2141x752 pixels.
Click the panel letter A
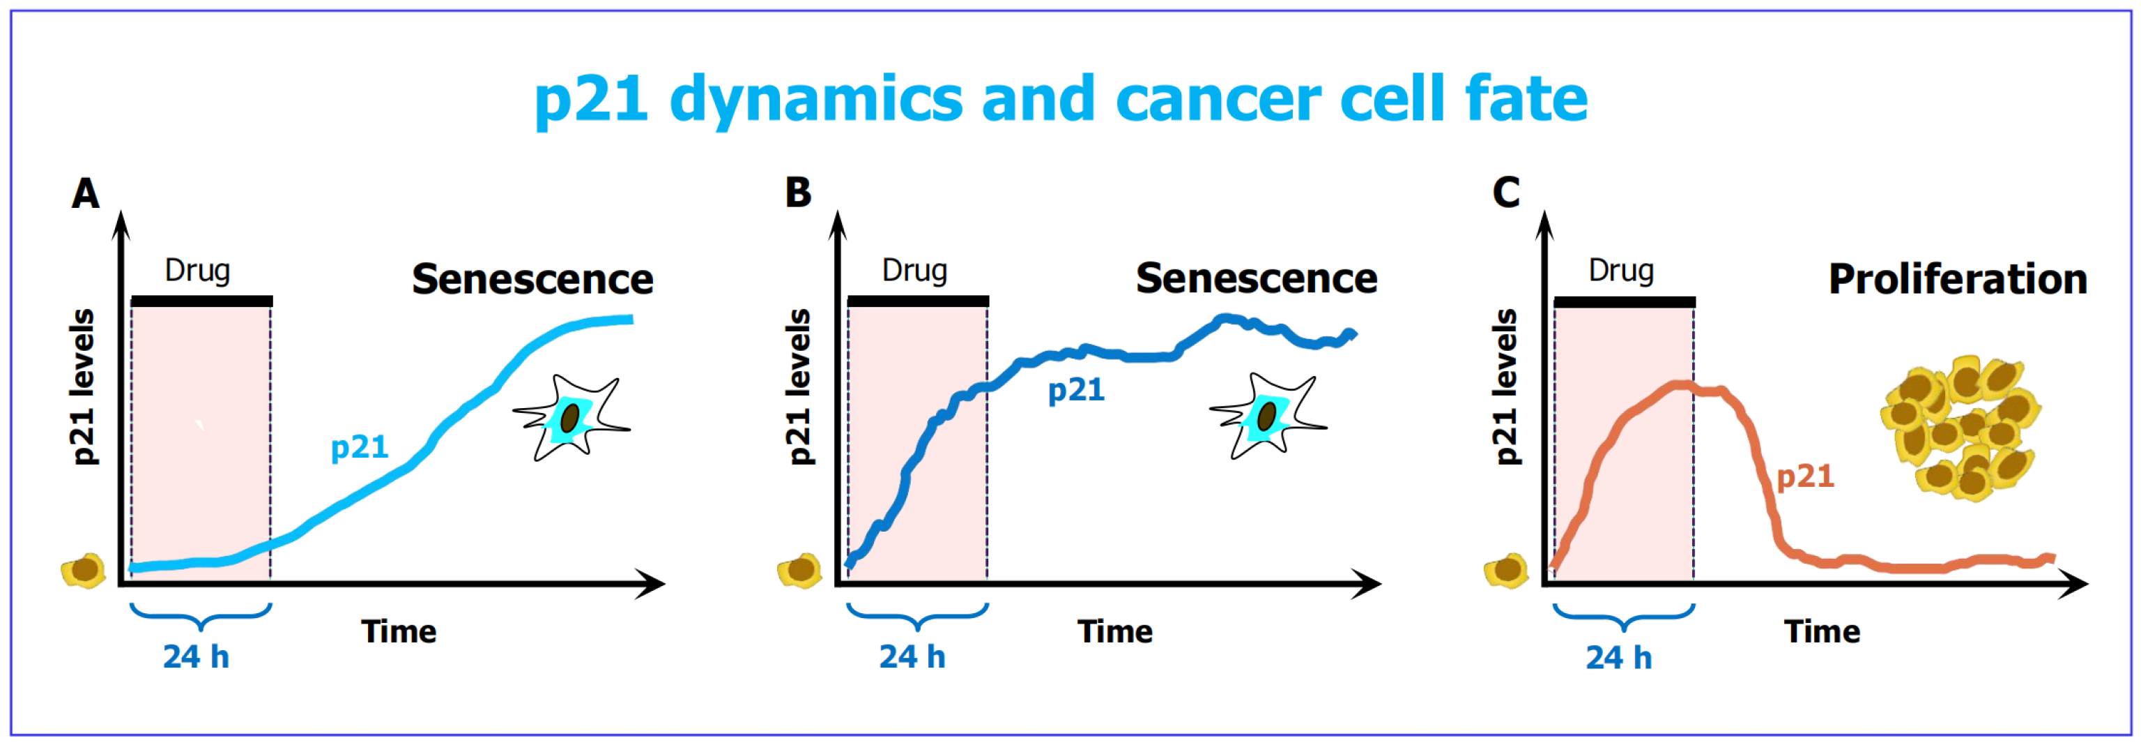86,194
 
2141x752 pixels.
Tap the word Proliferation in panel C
1957,280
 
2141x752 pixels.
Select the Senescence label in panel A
532,280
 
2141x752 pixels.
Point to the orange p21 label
1804,476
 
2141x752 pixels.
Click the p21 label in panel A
359,448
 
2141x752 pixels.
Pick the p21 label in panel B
1075,390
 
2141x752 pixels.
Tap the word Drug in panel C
1620,271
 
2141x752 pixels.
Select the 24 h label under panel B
912,657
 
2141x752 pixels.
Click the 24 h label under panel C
1618,657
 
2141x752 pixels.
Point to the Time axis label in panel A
398,632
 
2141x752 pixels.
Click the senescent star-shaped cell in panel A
571,418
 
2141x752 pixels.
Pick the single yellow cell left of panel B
799,571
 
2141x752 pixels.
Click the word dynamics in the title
814,100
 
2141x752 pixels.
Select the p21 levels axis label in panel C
1505,387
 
